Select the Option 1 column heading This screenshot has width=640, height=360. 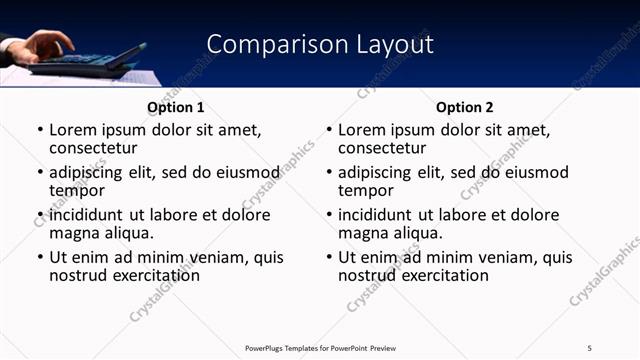pos(175,107)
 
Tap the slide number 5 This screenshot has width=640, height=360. pos(589,348)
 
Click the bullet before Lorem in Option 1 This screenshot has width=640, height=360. pos(40,130)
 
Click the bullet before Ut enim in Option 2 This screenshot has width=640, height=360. pos(329,258)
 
